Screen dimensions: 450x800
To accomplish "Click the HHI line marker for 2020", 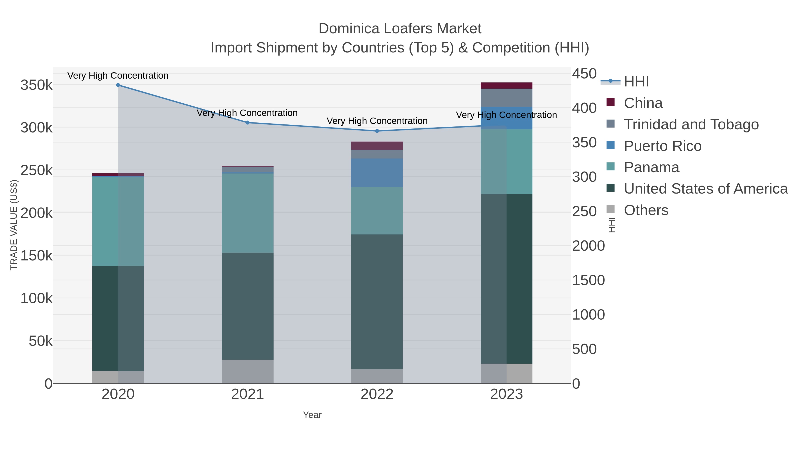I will point(118,85).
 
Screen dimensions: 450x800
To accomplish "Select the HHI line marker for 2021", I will point(248,123).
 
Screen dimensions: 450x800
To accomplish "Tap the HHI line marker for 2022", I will point(377,131).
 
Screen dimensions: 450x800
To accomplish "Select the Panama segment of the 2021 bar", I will point(248,213).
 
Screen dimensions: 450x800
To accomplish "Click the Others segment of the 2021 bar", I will point(248,371).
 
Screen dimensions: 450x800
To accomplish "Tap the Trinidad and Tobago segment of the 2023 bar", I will point(506,98).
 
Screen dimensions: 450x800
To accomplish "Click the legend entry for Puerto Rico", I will point(662,146).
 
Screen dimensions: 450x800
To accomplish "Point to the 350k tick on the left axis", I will point(36,85).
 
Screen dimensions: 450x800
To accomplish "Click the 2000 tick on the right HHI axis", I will point(588,246).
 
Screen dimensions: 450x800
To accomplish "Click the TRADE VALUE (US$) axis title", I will point(14,225).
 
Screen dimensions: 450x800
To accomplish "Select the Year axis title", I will point(312,415).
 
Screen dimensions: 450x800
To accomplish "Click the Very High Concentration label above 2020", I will point(118,76).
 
